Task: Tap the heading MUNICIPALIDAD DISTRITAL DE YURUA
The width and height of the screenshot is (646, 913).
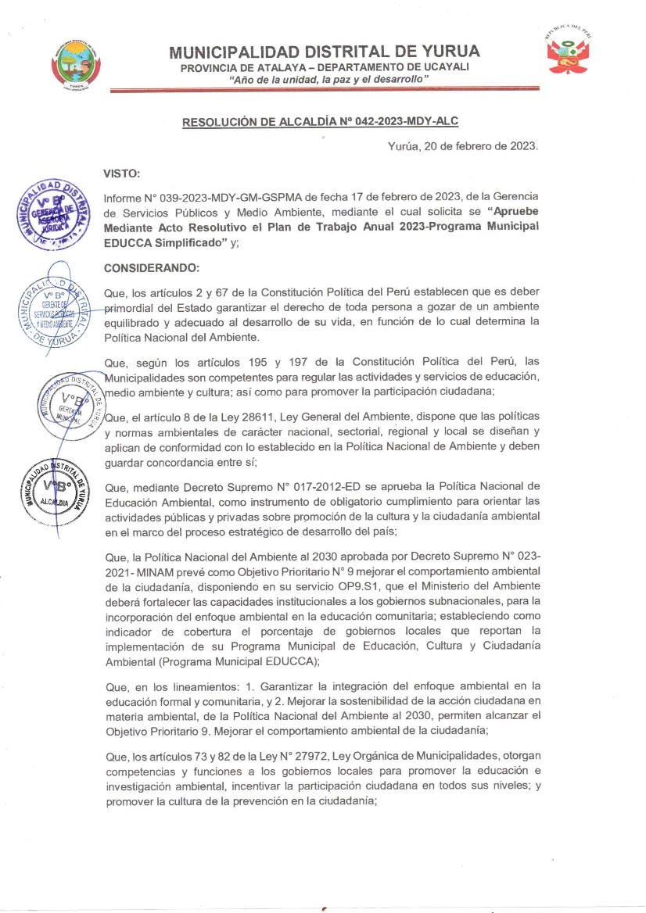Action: click(x=325, y=52)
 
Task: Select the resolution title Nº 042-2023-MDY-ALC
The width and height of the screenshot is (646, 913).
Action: click(x=320, y=122)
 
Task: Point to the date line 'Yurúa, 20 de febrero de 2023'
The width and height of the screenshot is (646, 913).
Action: click(x=463, y=146)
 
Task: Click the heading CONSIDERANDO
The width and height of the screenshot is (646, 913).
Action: click(x=152, y=267)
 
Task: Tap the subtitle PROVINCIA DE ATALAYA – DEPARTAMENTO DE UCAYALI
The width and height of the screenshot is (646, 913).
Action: click(x=325, y=68)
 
